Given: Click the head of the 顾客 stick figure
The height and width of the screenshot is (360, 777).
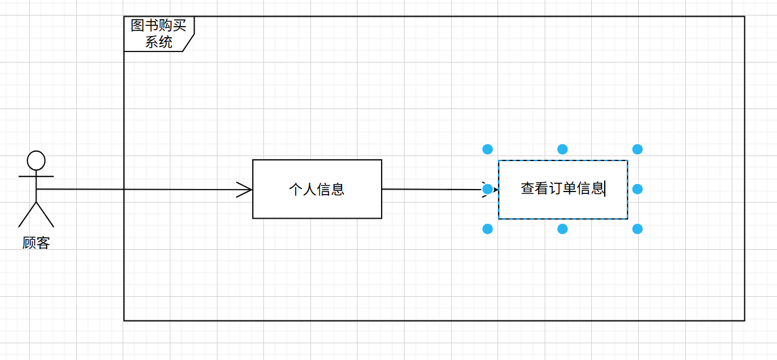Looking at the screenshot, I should tap(37, 160).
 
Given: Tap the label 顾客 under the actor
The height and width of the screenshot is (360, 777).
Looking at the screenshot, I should tap(36, 243).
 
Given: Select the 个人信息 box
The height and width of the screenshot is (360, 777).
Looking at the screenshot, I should tap(317, 189).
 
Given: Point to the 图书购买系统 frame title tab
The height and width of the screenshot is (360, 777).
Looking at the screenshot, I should tap(159, 34).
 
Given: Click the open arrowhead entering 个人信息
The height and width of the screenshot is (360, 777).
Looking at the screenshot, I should tap(245, 190).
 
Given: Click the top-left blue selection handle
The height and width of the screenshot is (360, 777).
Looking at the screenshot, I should tap(488, 149).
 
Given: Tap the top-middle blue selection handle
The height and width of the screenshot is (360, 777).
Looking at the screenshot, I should tap(563, 149).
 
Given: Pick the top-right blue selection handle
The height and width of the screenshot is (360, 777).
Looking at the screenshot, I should tap(638, 149).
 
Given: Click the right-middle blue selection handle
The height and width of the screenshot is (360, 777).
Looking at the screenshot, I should tap(638, 189).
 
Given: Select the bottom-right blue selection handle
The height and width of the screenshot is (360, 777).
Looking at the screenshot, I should tap(638, 229).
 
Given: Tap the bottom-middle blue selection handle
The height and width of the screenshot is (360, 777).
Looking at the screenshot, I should tap(563, 229).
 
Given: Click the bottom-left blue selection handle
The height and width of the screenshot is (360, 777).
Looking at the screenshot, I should tap(488, 229).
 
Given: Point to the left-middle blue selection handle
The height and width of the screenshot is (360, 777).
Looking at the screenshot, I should tap(488, 189).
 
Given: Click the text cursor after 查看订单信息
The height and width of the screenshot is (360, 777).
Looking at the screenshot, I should tap(605, 188).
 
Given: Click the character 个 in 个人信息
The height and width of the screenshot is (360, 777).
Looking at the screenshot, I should tap(296, 189).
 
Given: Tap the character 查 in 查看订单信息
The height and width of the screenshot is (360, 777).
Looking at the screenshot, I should tap(527, 188).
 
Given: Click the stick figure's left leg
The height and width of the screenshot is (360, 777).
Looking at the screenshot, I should tap(27, 215).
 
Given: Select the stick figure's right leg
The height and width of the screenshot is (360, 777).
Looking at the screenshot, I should tap(45, 215).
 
